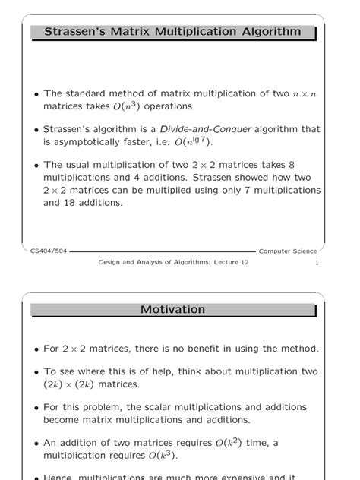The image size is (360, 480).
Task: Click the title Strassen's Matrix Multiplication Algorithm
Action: tap(172, 32)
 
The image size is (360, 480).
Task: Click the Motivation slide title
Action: tap(172, 309)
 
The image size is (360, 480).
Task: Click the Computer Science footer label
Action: tap(287, 251)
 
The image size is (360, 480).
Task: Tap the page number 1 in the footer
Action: tap(315, 262)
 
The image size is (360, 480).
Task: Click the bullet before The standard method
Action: tap(36, 95)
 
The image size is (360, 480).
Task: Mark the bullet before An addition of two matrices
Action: tap(36, 444)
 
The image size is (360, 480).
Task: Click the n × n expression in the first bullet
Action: tap(306, 94)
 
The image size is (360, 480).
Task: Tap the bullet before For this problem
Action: tap(36, 408)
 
